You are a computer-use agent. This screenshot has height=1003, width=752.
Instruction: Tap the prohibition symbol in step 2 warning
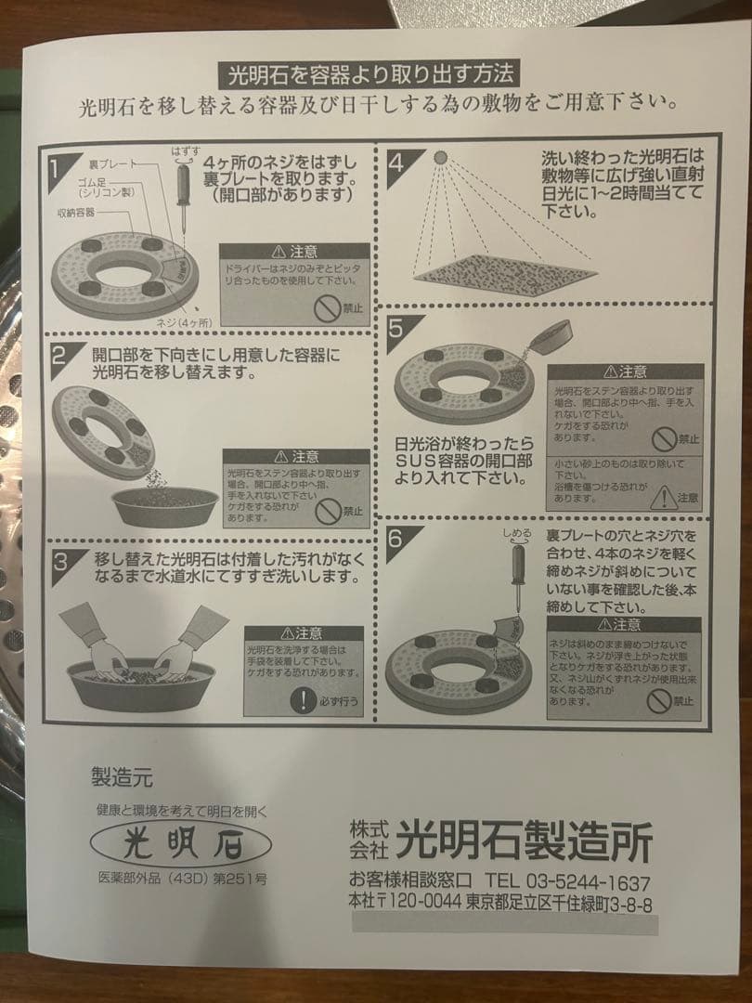tap(330, 509)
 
